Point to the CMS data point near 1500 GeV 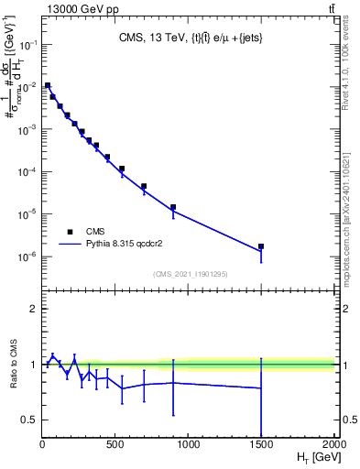[261, 246]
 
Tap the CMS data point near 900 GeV [173, 207]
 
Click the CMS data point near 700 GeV [144, 186]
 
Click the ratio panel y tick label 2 [32, 309]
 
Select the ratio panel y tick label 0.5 [28, 420]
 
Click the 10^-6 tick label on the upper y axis [27, 256]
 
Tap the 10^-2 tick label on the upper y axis [27, 87]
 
